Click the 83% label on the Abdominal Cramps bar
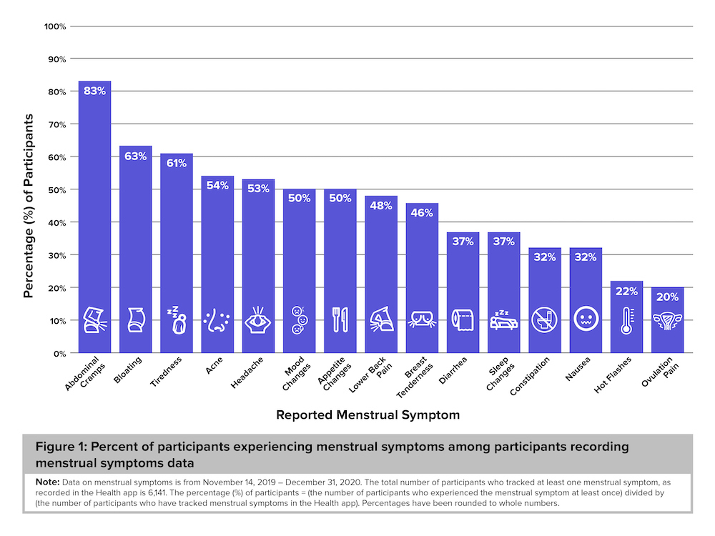[94, 91]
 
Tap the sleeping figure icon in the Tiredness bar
[176, 321]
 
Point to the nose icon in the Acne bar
[217, 321]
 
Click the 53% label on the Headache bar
[258, 189]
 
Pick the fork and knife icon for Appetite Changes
[340, 320]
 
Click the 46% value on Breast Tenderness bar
[423, 213]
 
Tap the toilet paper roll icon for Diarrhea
[463, 321]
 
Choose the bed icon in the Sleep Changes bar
[504, 321]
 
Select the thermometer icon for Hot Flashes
[627, 321]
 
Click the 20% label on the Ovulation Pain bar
[668, 297]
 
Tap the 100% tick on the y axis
[55, 26]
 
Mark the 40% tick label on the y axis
[56, 222]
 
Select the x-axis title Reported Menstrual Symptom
[368, 415]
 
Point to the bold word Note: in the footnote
[47, 482]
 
